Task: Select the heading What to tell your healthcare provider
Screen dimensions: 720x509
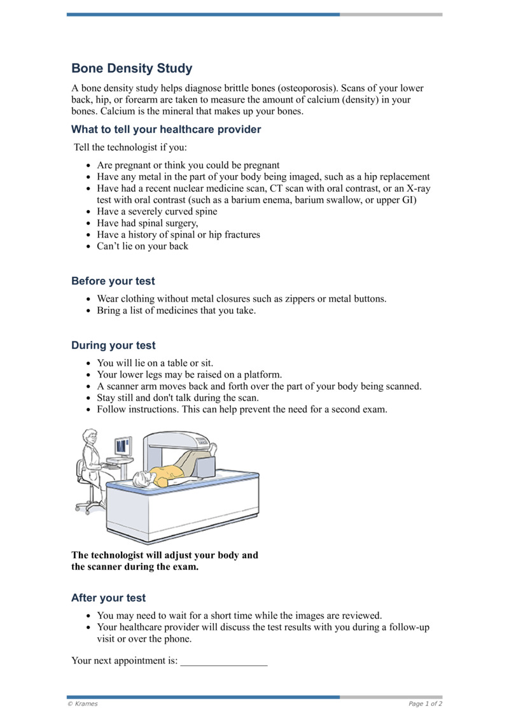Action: (166, 129)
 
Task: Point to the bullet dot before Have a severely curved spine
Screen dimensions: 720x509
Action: (88, 212)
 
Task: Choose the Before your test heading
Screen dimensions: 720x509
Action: (113, 281)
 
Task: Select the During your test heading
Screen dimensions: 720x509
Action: (113, 346)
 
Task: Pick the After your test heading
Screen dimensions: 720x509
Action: (108, 598)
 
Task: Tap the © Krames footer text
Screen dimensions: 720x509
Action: (83, 703)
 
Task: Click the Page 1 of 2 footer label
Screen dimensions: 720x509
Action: (425, 703)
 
